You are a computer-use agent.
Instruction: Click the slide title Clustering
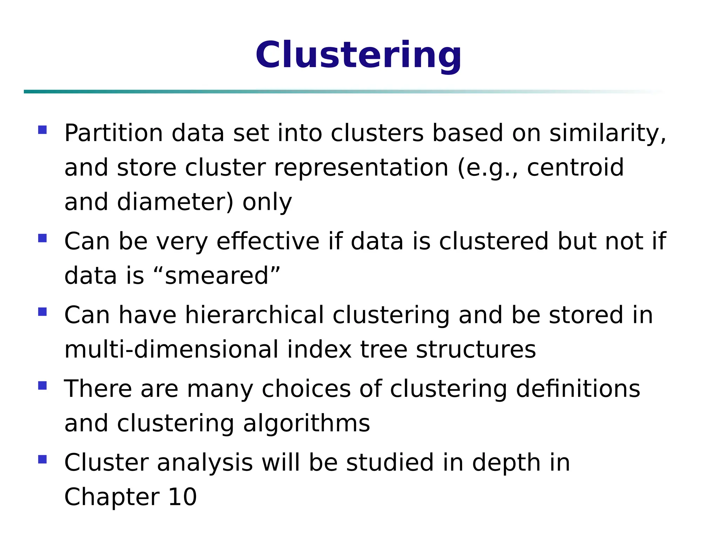click(358, 55)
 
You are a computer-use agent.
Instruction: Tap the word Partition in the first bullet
click(113, 133)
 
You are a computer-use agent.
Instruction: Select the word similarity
click(607, 133)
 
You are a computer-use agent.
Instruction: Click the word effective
click(268, 241)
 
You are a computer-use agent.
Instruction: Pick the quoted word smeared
click(216, 276)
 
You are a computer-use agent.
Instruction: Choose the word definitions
click(578, 389)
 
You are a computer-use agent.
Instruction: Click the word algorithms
click(306, 423)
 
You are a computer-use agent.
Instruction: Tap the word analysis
click(205, 463)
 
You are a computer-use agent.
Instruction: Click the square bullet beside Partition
click(42, 130)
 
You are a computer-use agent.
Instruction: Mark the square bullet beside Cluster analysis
click(42, 459)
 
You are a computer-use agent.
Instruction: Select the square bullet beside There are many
click(42, 386)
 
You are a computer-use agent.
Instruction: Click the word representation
click(361, 168)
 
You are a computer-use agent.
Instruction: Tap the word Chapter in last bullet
click(111, 497)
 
